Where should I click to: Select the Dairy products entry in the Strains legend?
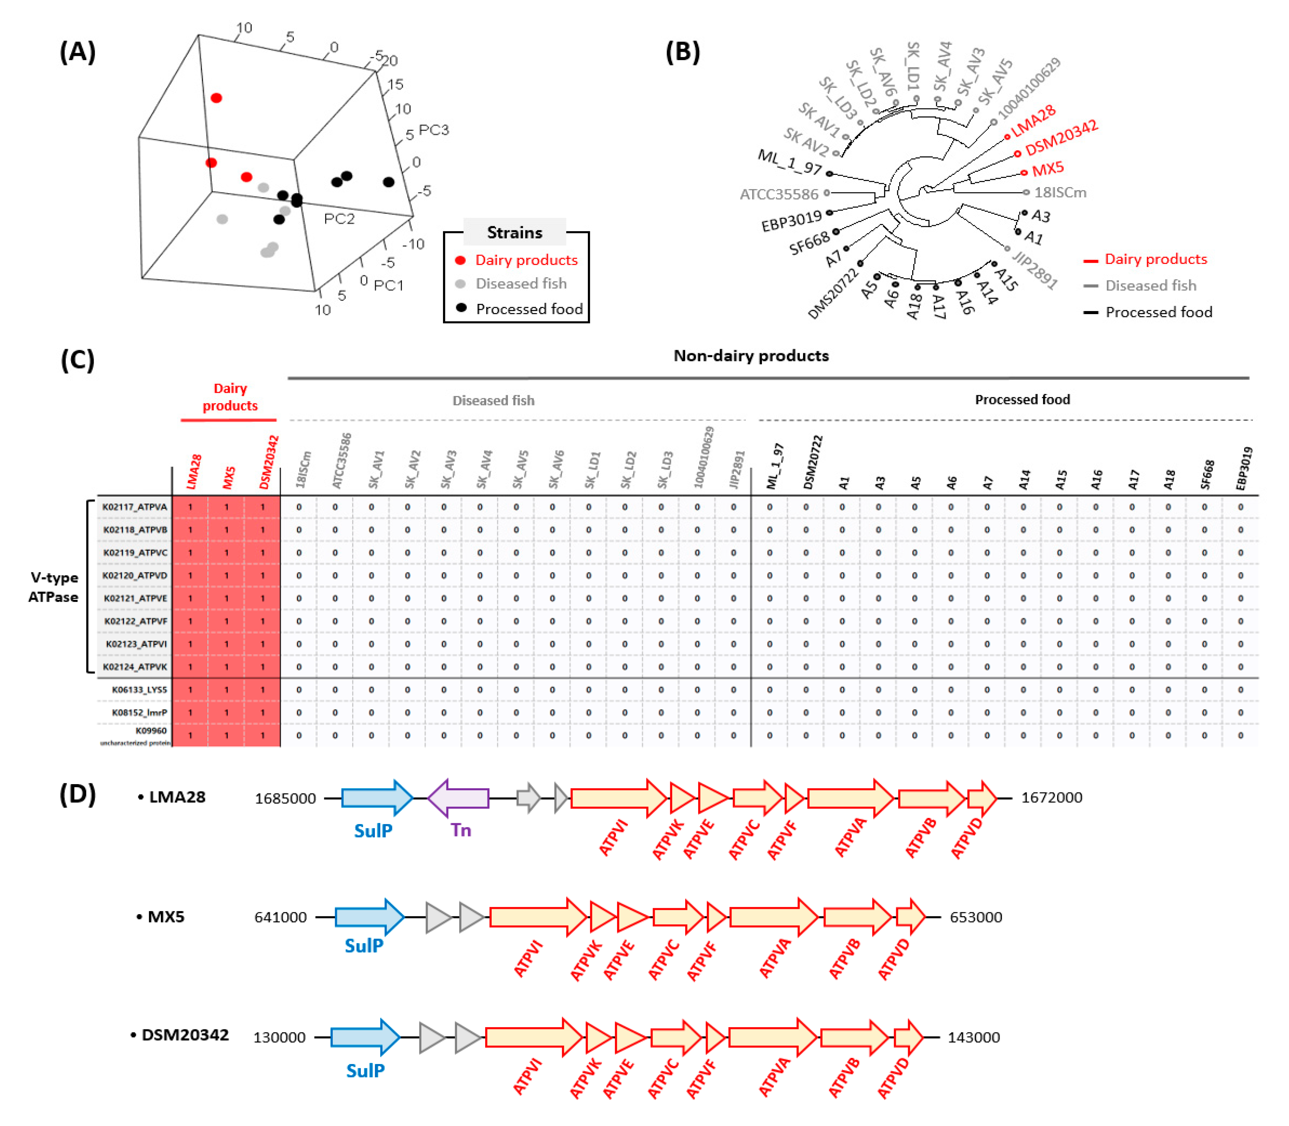coord(526,260)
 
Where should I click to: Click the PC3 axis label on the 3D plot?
coord(433,130)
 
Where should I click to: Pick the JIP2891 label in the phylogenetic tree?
coord(1034,269)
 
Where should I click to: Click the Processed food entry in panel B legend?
coord(1158,312)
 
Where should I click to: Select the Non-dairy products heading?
coord(751,356)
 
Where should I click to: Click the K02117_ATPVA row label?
coord(135,507)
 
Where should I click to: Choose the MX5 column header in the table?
coord(229,478)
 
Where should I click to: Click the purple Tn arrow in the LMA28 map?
coord(459,798)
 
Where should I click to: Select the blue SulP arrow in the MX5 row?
coord(369,917)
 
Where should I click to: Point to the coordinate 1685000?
coord(285,799)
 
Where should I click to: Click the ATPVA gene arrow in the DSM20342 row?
coord(773,1037)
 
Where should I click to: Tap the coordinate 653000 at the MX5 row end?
coord(976,917)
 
